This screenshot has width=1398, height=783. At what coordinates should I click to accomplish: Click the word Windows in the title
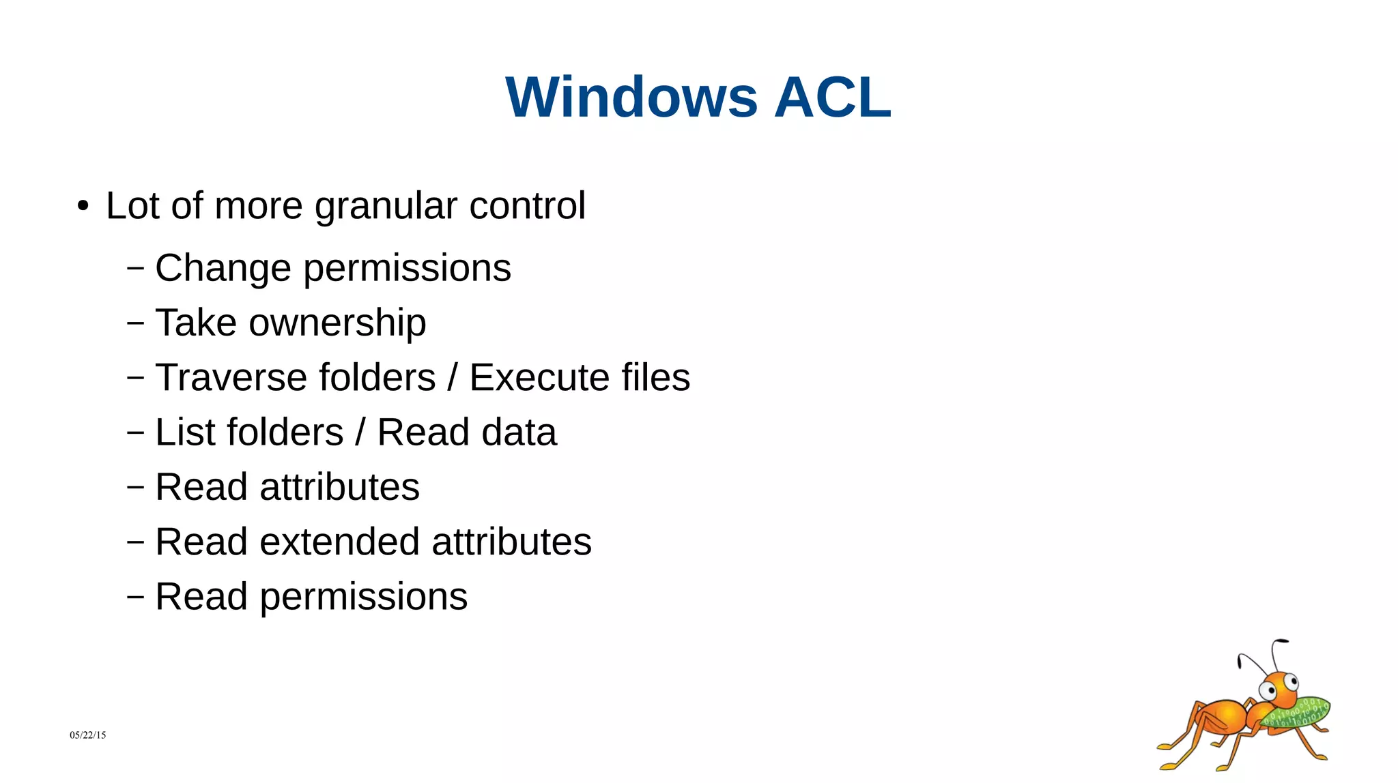(631, 98)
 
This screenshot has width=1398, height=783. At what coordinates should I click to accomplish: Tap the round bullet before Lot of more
(83, 206)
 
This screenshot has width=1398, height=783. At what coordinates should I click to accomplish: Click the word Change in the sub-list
(223, 268)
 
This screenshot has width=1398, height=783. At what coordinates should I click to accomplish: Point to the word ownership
(337, 323)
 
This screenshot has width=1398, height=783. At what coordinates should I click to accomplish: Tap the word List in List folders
(179, 432)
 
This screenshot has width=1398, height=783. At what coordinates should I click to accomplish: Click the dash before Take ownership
(136, 323)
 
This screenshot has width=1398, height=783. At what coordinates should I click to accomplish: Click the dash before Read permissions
(136, 597)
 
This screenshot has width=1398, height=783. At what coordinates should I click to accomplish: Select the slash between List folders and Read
(360, 432)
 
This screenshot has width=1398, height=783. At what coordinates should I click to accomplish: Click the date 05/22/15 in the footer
(87, 735)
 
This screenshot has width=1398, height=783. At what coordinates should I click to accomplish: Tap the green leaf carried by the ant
(1297, 712)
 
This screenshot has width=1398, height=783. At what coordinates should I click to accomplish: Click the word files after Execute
(655, 377)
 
